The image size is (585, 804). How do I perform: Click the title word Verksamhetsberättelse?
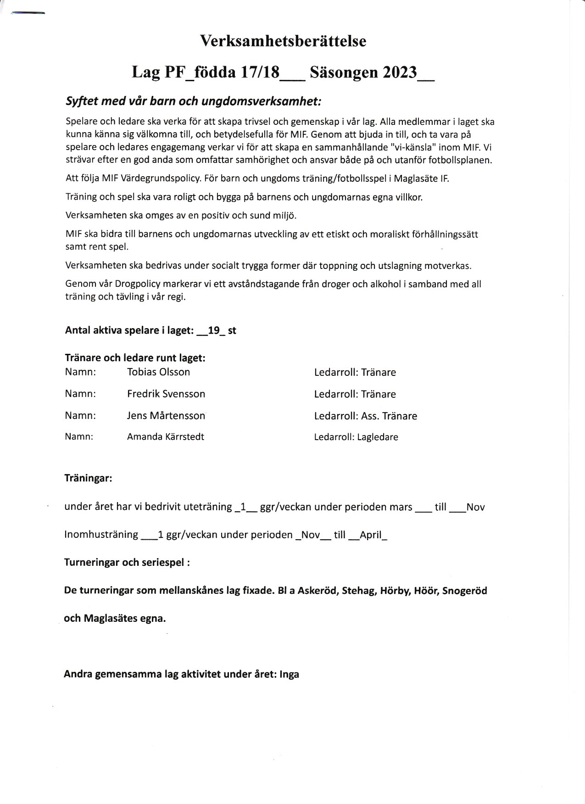coord(283,41)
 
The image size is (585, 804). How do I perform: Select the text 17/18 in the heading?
coord(260,73)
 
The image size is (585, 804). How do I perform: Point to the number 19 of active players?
coord(213,330)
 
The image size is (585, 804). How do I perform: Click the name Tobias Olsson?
coord(158,372)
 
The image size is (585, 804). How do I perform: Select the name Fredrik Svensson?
coord(166,394)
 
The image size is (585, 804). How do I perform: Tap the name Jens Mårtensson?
coord(166,416)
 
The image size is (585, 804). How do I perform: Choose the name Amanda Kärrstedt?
coord(166,437)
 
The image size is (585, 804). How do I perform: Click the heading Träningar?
coord(88,479)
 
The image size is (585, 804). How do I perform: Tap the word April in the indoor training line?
coord(371,535)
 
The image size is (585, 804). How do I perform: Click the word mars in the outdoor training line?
coord(401,507)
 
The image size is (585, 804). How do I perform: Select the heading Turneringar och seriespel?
coord(127,563)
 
